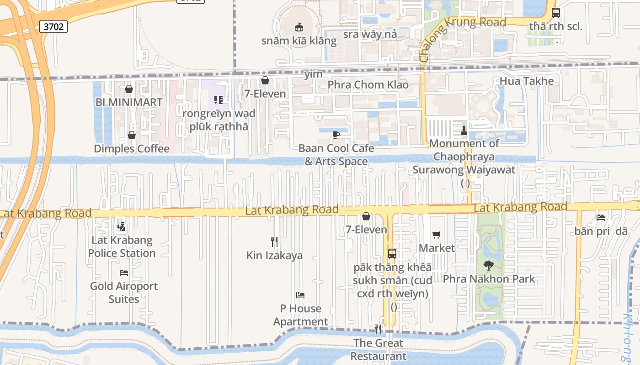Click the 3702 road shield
pos(53,27)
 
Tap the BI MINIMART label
pos(129,102)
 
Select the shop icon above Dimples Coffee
pos(132,135)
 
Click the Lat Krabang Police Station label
pos(122,246)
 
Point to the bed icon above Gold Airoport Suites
pos(123,273)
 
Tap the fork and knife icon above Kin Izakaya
pos(274,242)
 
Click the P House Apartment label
pos(300,315)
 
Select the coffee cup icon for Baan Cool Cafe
pos(336,135)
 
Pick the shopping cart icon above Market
pos(437,235)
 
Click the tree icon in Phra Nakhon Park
pos(489,265)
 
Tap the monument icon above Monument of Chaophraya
pos(464,130)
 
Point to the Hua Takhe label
pos(526,81)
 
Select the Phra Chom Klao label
pos(368,84)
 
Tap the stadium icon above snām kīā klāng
pos(299,27)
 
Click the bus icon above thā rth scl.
pos(556,13)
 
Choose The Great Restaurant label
pos(378,349)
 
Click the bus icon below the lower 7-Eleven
pos(392,254)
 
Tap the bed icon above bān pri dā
pos(601,218)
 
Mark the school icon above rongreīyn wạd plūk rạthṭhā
pos(219,99)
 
